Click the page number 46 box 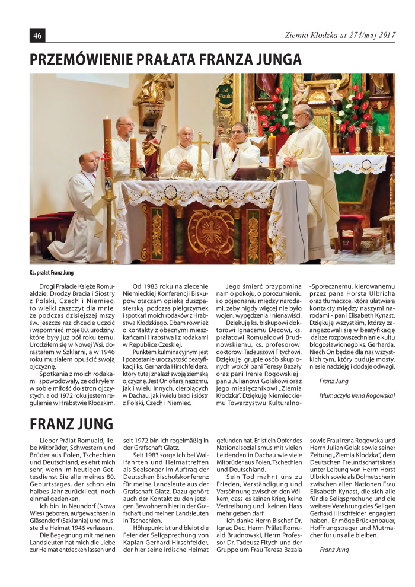[x=37, y=36]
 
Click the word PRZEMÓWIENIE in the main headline [x=85, y=59]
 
